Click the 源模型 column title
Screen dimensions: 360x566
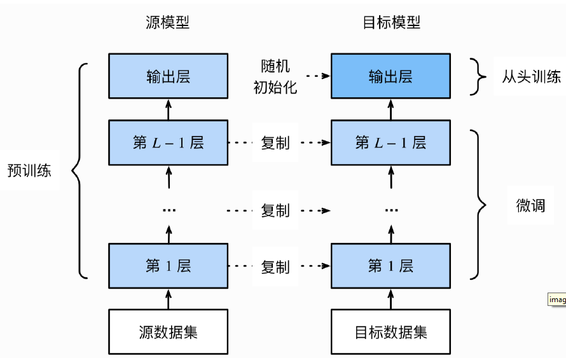coord(168,23)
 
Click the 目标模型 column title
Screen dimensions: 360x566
coord(391,23)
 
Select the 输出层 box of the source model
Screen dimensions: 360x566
coord(169,76)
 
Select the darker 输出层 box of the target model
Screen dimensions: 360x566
coord(391,76)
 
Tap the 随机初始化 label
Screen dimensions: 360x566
coord(275,77)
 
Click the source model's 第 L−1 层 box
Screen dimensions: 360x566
coord(169,142)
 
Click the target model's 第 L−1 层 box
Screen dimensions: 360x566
coord(391,142)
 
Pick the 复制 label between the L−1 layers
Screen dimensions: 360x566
coord(275,143)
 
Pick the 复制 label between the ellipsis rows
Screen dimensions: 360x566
coord(275,210)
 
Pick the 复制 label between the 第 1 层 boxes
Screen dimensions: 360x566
coord(275,266)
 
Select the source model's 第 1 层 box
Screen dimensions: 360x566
coord(169,265)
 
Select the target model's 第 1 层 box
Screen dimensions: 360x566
coord(391,265)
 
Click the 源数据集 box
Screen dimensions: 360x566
coord(169,331)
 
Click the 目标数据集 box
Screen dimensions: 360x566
coord(391,331)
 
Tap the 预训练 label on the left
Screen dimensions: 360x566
coord(29,170)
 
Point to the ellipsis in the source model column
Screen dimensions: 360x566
coord(169,210)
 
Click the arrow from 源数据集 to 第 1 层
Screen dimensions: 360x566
coord(169,298)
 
